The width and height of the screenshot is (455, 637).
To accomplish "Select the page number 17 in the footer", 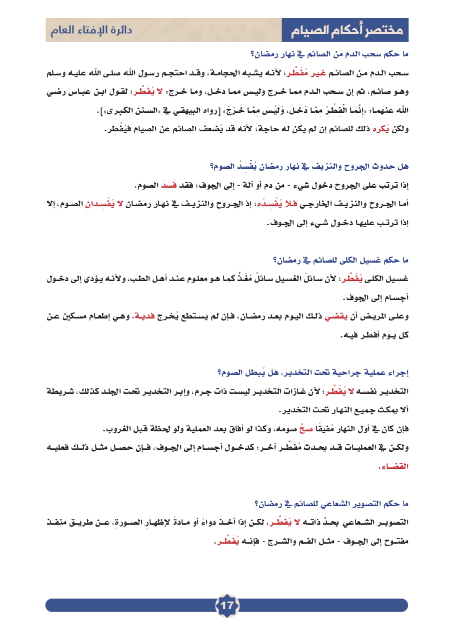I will pyautogui.click(x=227, y=606).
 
